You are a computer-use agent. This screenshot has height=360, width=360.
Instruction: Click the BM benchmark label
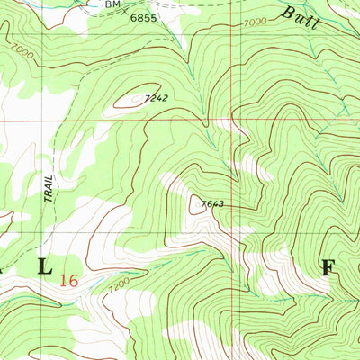112,4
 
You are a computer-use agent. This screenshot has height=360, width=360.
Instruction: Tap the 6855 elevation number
142,17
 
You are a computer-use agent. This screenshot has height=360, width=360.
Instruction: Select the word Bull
300,15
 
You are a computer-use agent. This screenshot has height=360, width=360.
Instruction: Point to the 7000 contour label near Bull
255,22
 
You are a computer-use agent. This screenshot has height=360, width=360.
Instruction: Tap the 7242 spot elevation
157,98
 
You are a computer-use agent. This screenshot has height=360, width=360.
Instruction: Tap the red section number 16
67,279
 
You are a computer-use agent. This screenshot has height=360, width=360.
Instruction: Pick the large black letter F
328,267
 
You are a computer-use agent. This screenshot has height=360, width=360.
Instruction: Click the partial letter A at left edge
4,267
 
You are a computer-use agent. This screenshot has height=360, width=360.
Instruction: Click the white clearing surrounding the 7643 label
216,216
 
